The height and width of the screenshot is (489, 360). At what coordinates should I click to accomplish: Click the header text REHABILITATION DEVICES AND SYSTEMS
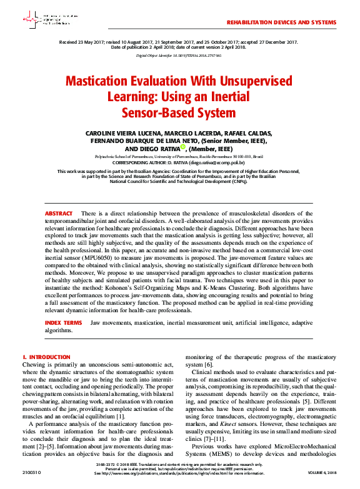pyautogui.click(x=281, y=22)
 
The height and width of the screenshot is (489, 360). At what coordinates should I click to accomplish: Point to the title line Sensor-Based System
pyautogui.click(x=180, y=112)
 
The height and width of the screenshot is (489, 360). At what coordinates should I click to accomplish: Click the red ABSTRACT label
pyautogui.click(x=58, y=214)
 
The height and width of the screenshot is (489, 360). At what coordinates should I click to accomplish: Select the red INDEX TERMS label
pyautogui.click(x=63, y=323)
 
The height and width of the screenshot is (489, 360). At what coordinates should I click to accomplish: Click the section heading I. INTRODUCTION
pyautogui.click(x=46, y=357)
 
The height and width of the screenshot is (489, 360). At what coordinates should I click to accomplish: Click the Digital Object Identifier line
pyautogui.click(x=179, y=55)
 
